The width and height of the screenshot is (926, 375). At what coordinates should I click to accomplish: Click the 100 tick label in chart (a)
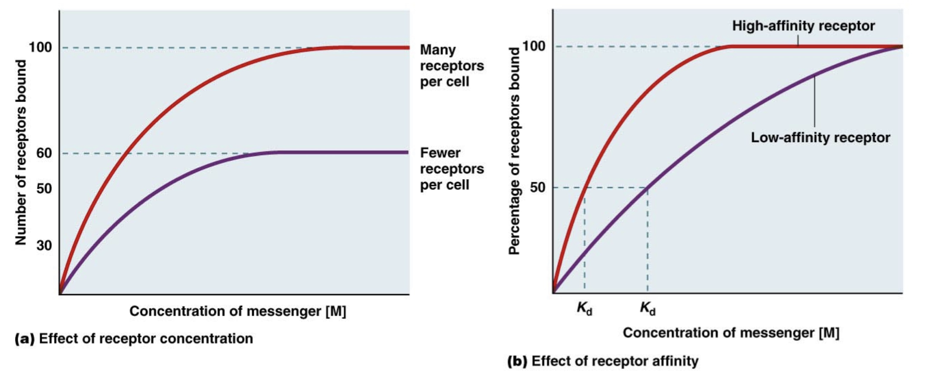[x=40, y=48]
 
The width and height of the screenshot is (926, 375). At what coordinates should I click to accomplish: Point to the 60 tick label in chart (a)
[x=44, y=153]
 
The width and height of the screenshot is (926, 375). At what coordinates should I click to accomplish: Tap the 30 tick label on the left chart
[x=44, y=245]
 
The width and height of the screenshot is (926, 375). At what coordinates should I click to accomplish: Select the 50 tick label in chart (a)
[x=44, y=188]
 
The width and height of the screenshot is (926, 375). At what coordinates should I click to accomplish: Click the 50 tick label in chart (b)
[x=537, y=187]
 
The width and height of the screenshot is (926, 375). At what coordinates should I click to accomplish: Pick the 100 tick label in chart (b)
[x=533, y=46]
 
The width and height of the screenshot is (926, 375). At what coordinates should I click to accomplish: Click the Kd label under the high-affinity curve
[x=584, y=308]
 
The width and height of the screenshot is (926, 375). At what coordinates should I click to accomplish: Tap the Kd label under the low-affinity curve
[x=647, y=308]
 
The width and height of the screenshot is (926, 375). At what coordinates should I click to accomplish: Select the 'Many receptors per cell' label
[x=452, y=65]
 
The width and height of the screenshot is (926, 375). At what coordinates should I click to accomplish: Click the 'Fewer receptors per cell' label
[x=452, y=169]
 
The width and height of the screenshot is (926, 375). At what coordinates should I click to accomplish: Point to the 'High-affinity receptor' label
[x=803, y=26]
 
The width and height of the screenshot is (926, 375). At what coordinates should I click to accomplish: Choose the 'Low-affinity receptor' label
[x=820, y=137]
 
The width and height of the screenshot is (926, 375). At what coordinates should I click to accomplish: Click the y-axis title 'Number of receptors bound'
[x=20, y=152]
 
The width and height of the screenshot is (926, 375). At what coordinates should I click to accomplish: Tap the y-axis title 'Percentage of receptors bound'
[x=514, y=151]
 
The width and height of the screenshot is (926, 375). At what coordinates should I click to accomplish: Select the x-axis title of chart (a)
[x=238, y=311]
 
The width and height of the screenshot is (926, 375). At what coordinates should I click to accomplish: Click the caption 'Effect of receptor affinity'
[x=614, y=361]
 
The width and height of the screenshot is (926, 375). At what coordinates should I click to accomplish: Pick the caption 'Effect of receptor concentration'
[x=146, y=338]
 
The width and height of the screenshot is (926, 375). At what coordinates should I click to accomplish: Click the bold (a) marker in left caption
[x=25, y=338]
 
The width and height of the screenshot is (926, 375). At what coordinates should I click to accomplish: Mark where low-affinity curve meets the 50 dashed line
[x=647, y=187]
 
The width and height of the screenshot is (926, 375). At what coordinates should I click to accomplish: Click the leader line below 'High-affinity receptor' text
[x=798, y=40]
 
